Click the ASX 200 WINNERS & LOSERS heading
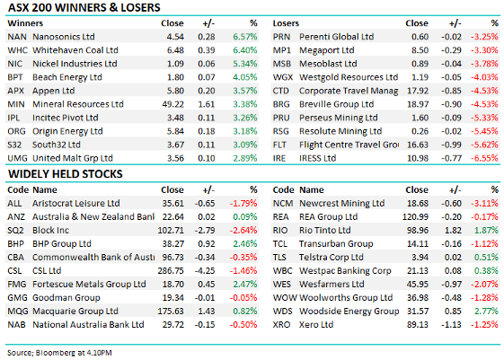coord(84,8)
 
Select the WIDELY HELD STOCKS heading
coord(66,174)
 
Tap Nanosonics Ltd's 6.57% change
coord(245,37)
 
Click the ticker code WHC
coord(17,50)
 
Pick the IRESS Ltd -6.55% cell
coord(484,158)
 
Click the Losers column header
coord(286,23)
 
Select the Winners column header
coord(25,23)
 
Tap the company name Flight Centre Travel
coord(349,145)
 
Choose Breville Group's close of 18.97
coord(418,104)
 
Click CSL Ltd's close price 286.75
coord(171,271)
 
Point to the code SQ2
coord(15,230)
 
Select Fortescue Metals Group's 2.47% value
coord(245,285)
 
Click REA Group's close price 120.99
coord(415,216)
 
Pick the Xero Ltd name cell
coord(316,325)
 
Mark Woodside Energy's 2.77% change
coord(486,312)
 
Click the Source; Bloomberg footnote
coord(59,353)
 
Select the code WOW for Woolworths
coord(285,298)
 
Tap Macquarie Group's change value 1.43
coord(207,312)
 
